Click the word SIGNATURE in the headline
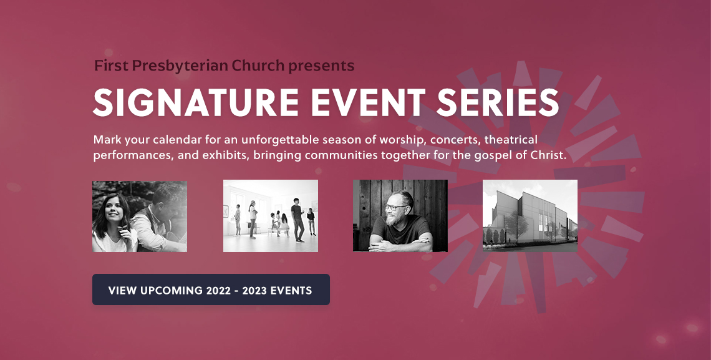point(196,103)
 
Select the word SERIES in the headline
point(498,103)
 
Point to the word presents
point(321,67)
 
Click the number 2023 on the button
point(254,291)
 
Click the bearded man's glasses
point(395,207)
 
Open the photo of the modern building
point(530,216)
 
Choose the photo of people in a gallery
point(271,216)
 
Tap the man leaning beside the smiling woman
point(161,218)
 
